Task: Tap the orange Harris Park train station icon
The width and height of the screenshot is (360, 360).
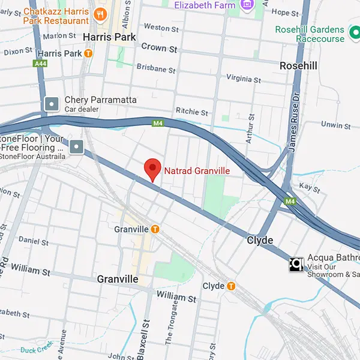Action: tap(89, 53)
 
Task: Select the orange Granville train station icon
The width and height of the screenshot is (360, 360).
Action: tap(155, 229)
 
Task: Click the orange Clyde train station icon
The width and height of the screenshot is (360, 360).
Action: tap(231, 286)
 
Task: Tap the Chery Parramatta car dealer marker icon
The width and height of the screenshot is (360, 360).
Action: tap(52, 104)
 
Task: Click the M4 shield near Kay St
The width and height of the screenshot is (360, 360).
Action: tap(290, 201)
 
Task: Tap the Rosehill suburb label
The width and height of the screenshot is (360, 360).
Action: tap(298, 65)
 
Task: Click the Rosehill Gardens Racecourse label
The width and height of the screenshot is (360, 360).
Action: tap(310, 34)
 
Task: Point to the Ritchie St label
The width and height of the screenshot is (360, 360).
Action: tap(191, 112)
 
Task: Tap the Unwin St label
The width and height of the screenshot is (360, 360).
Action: tap(335, 125)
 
